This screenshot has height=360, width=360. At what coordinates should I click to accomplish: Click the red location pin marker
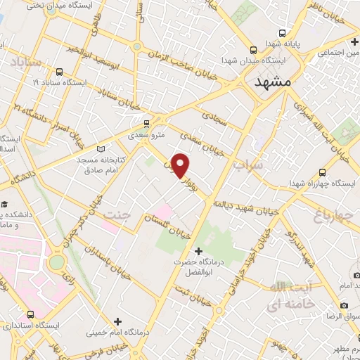(182, 165)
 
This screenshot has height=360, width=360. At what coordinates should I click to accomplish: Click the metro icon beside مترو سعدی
(136, 121)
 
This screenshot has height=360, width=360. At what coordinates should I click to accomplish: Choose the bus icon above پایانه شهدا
(282, 33)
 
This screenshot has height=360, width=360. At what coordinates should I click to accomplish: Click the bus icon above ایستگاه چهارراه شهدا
(322, 172)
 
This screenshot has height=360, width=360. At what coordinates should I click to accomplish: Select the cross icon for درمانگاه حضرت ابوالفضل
(198, 251)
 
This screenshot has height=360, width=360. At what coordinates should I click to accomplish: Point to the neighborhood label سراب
(247, 166)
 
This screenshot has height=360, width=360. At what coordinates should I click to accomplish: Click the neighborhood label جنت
(116, 212)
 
